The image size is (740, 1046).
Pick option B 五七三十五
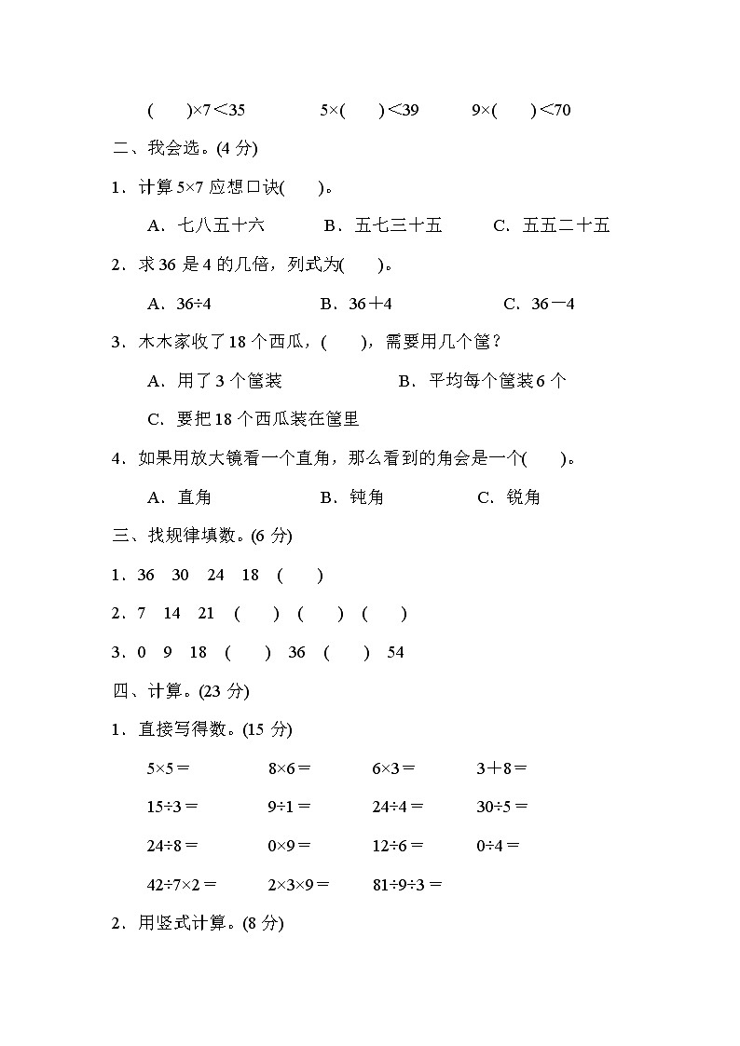click(x=383, y=225)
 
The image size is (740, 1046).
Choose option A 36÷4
click(x=186, y=304)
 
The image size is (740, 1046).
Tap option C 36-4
click(x=539, y=304)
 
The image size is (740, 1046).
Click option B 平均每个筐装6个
click(x=482, y=380)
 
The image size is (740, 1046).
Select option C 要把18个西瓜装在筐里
click(x=254, y=419)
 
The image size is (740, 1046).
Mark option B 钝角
click(x=352, y=497)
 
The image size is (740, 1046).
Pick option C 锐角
click(x=509, y=497)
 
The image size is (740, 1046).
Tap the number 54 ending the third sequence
click(x=395, y=652)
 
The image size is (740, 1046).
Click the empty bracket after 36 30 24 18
click(x=300, y=575)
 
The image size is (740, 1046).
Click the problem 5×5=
click(x=168, y=768)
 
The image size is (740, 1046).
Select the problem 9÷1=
click(x=289, y=807)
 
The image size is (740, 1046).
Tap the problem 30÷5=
click(x=501, y=807)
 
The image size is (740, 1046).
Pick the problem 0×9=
click(x=289, y=846)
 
